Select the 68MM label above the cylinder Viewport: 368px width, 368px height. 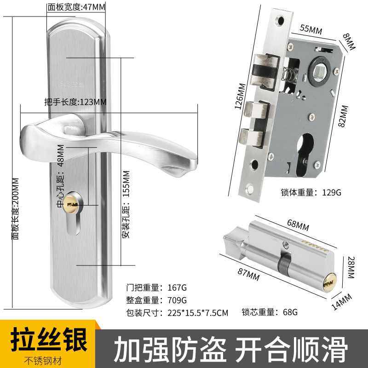(x=298, y=227)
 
